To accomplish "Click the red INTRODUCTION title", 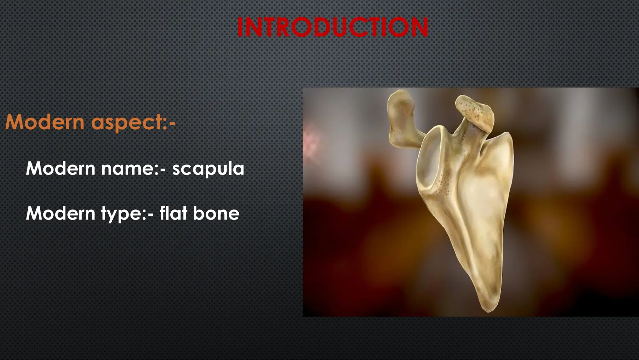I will pos(333,27).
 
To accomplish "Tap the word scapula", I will pos(208,169).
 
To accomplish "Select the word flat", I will pos(173,213).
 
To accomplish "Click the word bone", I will pos(216,213).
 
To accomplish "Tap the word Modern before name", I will pos(61,169).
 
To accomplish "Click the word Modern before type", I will pos(61,213).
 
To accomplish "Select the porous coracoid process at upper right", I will pos(476,112).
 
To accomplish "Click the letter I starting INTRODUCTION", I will pos(240,27).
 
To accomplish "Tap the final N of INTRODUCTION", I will pos(419,27).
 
